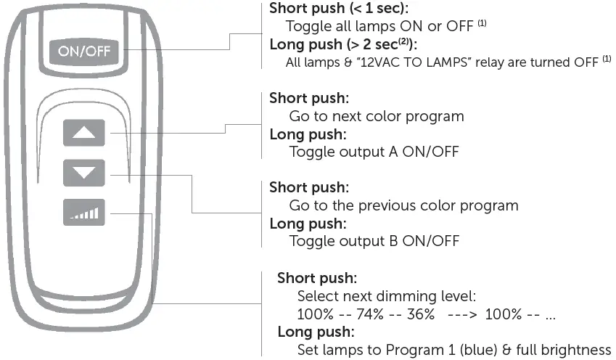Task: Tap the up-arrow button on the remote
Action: [84, 134]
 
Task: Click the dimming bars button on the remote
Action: [84, 212]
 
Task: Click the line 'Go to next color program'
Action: [376, 116]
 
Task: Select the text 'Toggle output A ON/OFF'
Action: [373, 152]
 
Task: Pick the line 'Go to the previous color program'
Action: [403, 205]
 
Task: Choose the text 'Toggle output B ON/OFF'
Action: [374, 240]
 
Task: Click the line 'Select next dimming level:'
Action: [386, 296]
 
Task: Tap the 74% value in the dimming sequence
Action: [368, 314]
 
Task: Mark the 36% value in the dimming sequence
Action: [420, 314]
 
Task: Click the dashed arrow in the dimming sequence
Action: [464, 314]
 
